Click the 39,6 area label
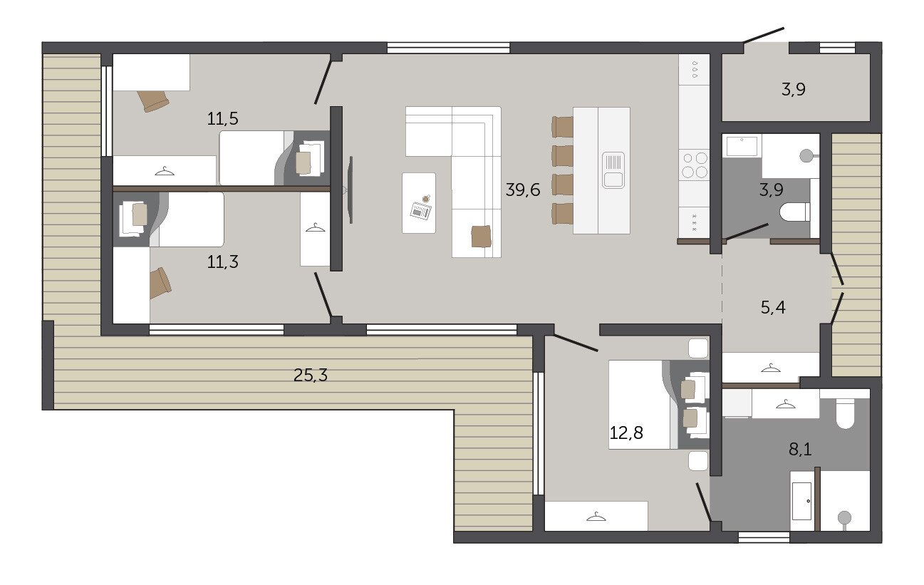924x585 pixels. coord(523,190)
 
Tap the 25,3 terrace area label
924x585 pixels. coord(310,376)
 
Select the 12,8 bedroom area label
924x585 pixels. coord(626,433)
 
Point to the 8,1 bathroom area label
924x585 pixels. coord(800,450)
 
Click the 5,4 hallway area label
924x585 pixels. coord(773,308)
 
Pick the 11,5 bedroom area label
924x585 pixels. coord(222,119)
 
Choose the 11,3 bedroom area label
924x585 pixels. coord(222,262)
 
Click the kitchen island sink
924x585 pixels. coord(613,170)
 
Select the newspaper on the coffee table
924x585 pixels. coord(421,211)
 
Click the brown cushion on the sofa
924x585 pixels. coord(482,237)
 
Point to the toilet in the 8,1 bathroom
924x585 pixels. coord(845,413)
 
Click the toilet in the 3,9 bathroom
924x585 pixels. coord(795,212)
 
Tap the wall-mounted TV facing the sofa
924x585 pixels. coord(351,190)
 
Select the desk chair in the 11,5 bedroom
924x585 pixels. coord(153,100)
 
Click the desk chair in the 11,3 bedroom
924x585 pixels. coord(160,283)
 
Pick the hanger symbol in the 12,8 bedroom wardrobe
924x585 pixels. coord(596,517)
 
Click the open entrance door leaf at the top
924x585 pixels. coord(764,35)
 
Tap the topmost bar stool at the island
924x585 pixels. coord(563,127)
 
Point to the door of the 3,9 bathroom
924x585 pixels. coord(747,232)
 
